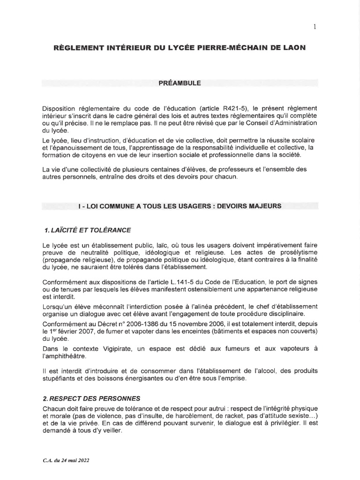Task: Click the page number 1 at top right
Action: (315, 27)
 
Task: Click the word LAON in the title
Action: (293, 49)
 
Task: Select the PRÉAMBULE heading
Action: (180, 83)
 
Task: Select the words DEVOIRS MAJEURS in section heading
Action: (253, 206)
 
